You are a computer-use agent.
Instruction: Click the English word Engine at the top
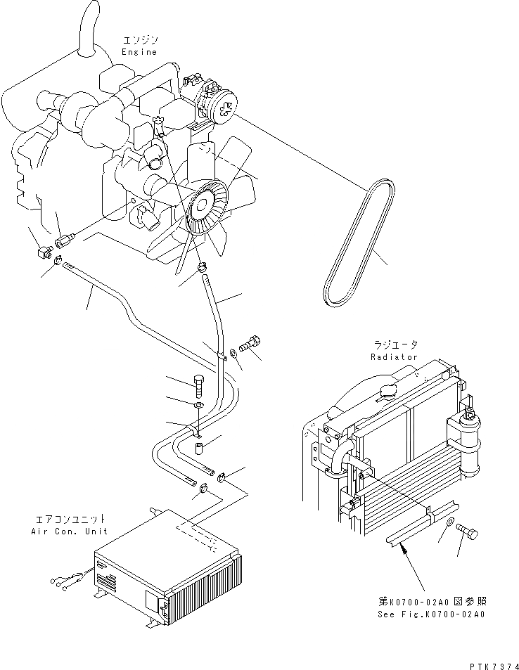(139, 52)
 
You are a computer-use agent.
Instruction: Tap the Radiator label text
(394, 356)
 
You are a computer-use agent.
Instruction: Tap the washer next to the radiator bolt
(448, 522)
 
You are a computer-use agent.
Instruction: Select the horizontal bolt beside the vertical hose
(250, 344)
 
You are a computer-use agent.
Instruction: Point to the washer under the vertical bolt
(198, 406)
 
